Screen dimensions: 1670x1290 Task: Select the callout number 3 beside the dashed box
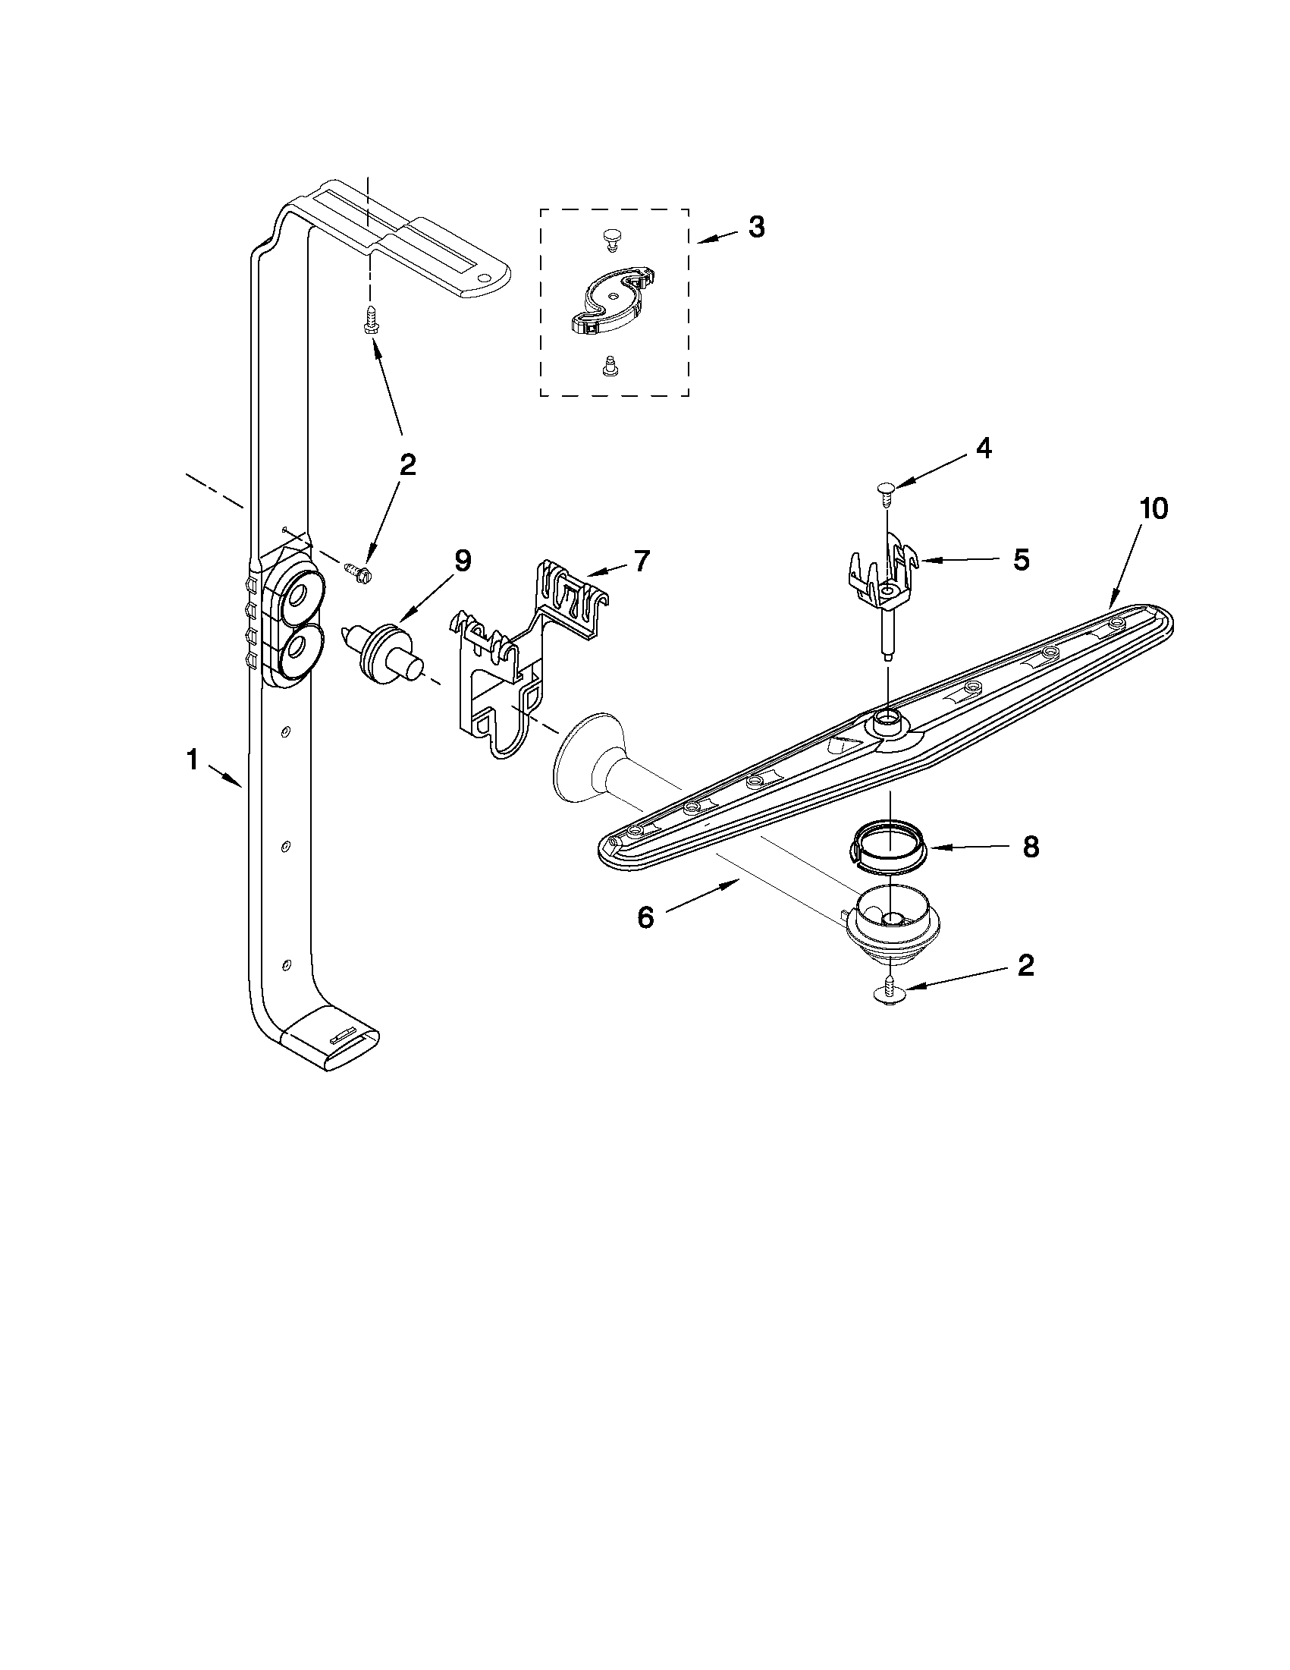tap(755, 227)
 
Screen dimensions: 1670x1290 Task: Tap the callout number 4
tap(984, 449)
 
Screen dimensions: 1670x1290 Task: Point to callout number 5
tap(1021, 561)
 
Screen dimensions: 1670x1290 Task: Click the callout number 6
tap(646, 917)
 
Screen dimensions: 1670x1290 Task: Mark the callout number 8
tap(1030, 847)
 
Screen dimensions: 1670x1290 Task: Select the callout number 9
tap(463, 561)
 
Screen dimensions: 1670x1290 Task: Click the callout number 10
tap(1153, 508)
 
